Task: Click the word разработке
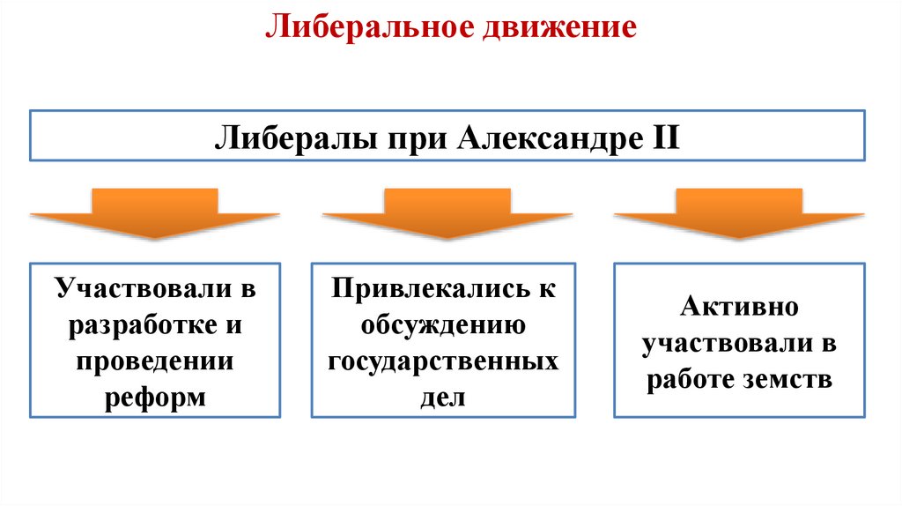click(133, 325)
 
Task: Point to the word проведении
click(155, 361)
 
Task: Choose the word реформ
click(155, 398)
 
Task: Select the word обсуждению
click(446, 325)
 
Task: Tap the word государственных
click(446, 361)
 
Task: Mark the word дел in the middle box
click(446, 398)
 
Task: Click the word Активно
click(738, 308)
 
